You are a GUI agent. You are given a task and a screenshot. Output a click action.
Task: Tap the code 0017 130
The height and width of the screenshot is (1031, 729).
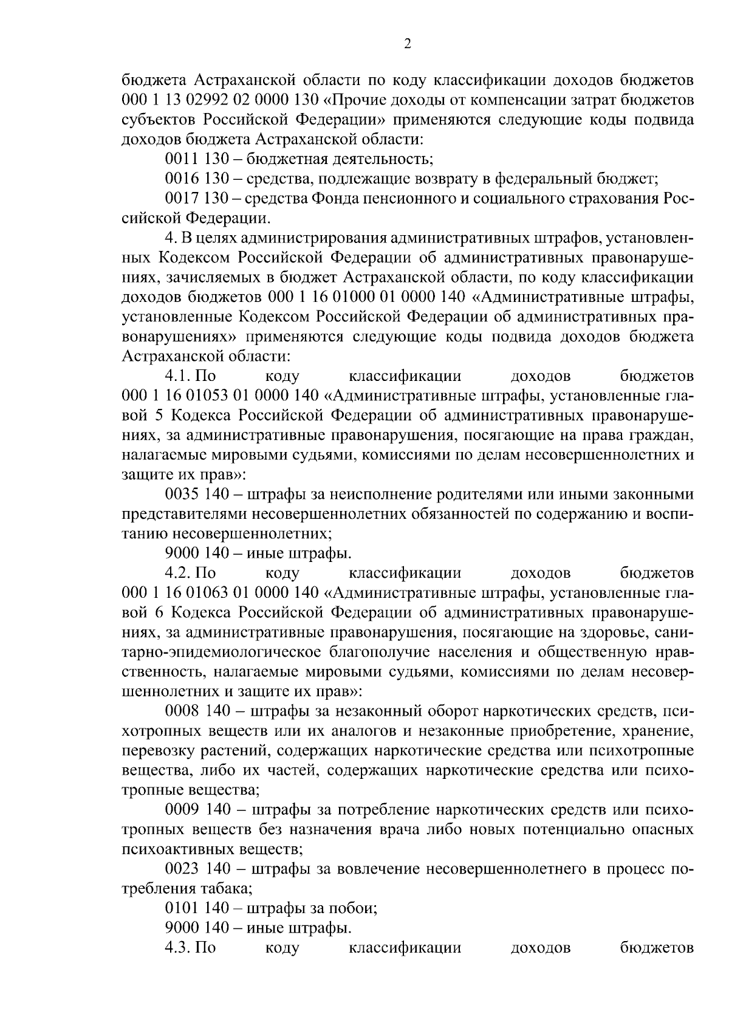[196, 198]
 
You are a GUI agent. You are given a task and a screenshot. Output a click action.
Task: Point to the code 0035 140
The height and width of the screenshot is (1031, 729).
[196, 495]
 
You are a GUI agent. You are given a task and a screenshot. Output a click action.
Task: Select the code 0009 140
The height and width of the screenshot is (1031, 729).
[196, 810]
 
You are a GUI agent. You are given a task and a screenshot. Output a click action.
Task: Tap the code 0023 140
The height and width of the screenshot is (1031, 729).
[196, 869]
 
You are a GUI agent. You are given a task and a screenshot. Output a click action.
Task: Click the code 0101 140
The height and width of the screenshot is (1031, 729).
[196, 908]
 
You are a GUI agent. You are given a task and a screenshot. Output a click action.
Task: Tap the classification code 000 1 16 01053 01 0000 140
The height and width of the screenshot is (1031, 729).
[221, 396]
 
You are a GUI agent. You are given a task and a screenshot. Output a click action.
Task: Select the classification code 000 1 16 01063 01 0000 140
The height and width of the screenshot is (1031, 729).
[221, 593]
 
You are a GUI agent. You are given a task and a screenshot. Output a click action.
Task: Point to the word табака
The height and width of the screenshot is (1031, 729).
[226, 889]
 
